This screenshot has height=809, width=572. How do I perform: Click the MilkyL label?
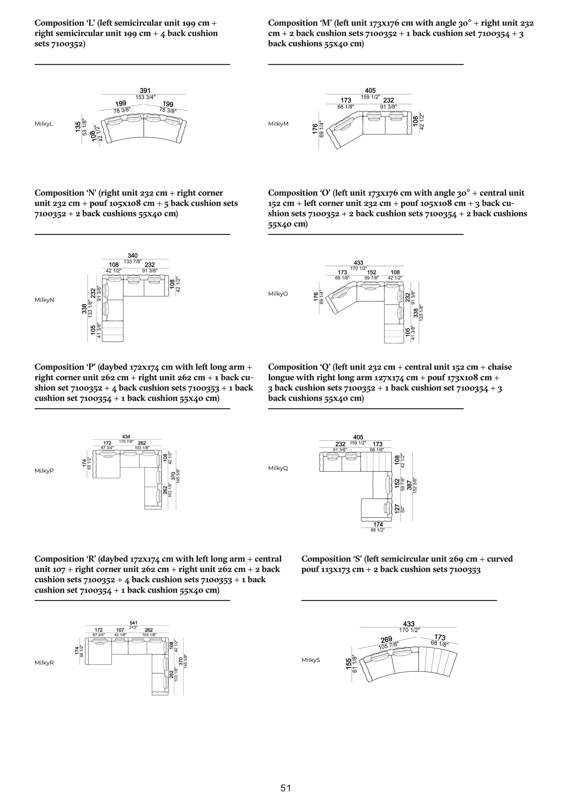pos(44,124)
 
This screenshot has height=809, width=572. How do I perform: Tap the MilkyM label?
pos(278,124)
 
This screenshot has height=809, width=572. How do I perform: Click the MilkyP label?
pos(44,471)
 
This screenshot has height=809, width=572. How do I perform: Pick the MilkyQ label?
pos(278,468)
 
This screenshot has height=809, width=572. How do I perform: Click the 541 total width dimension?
pos(133,623)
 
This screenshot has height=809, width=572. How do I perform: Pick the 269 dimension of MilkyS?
pos(386,640)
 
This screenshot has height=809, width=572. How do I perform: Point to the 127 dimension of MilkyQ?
pos(397,509)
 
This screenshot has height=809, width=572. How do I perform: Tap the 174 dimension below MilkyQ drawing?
pos(378,524)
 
